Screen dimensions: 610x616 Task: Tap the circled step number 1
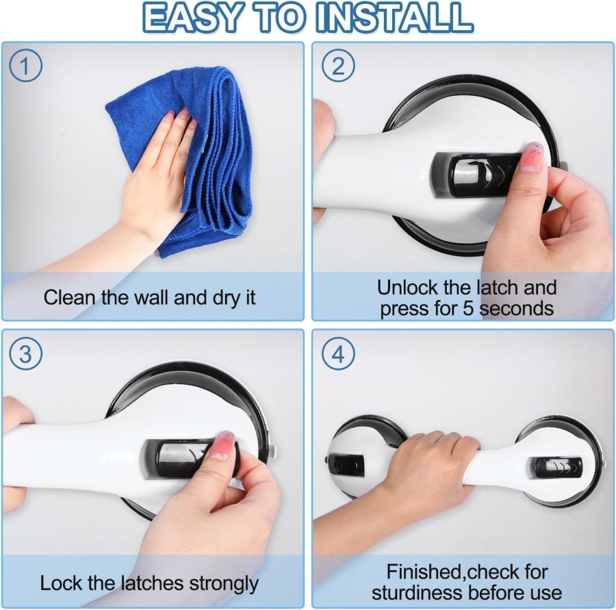coord(26,66)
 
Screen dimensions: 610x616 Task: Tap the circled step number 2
coord(338,66)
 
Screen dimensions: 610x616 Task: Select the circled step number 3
coord(26,354)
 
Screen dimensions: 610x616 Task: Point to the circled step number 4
coord(338,354)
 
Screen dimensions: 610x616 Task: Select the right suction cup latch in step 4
coord(558,468)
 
